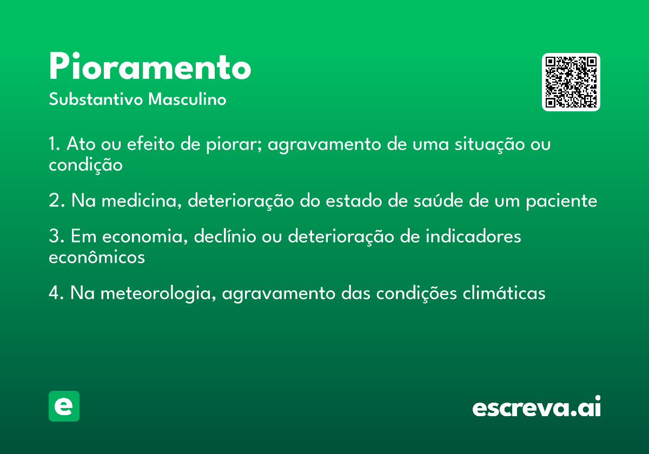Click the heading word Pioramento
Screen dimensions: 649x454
(150, 66)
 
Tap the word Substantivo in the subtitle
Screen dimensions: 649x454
(96, 99)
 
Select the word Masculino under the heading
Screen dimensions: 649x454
(187, 99)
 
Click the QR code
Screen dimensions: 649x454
(571, 82)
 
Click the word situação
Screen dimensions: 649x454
(489, 144)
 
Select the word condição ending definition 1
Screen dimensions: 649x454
(86, 165)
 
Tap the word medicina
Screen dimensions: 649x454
(142, 201)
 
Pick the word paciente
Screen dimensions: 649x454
(561, 201)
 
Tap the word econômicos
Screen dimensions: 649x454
(97, 257)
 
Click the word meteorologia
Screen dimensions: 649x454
(158, 293)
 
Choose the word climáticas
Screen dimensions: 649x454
(504, 293)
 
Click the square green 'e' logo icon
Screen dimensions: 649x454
(64, 406)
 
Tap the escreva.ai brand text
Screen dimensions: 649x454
(537, 406)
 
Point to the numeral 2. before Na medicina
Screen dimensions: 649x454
(56, 200)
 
